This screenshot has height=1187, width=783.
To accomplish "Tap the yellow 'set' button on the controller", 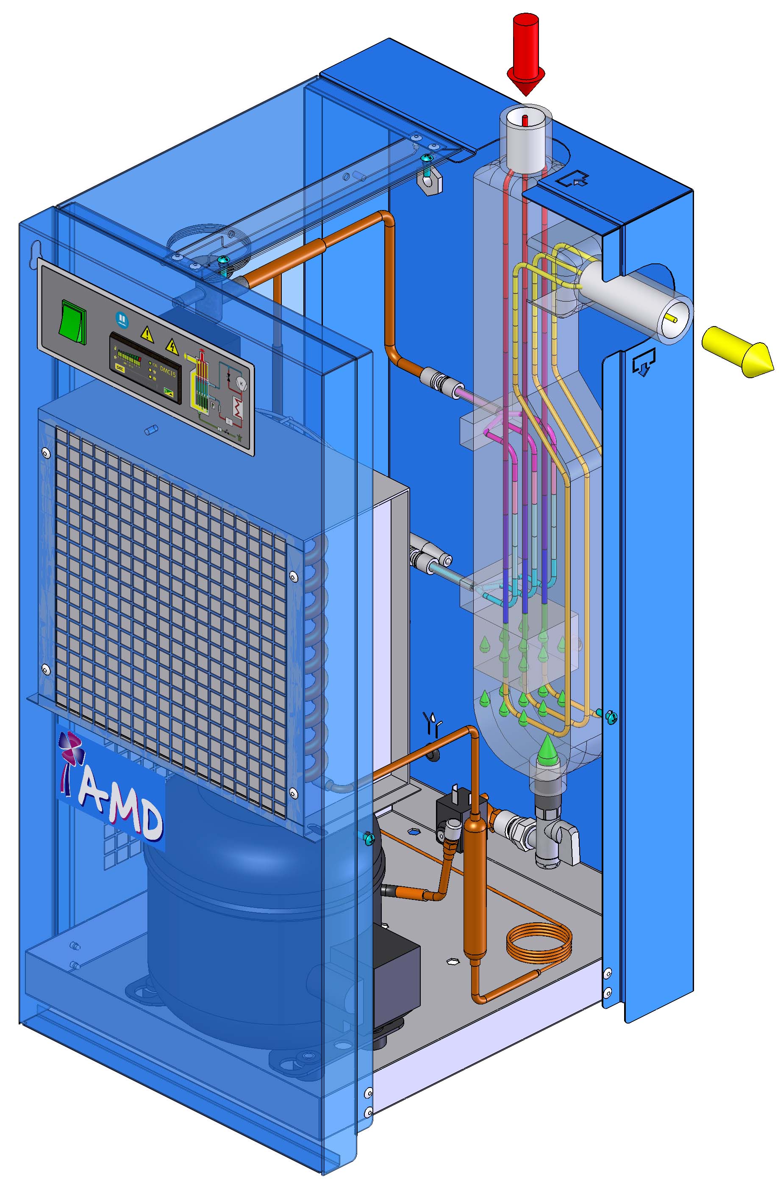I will click(x=120, y=367).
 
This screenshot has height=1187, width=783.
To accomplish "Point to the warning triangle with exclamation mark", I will click(x=147, y=333).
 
